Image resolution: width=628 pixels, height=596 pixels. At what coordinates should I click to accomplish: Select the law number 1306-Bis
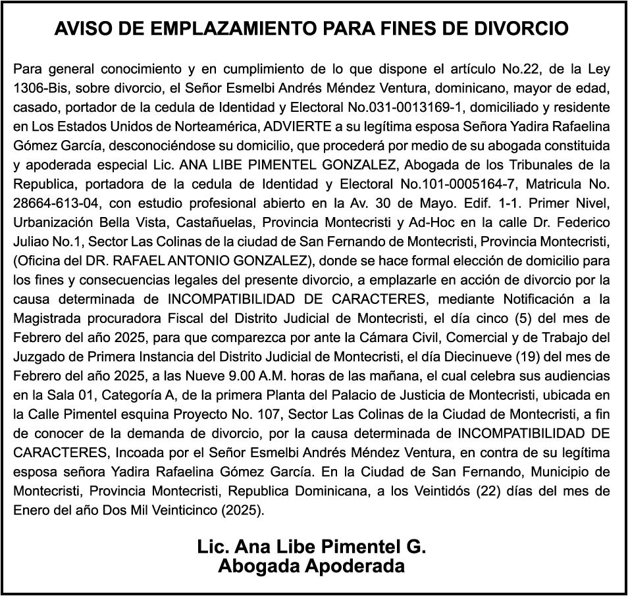click(41, 87)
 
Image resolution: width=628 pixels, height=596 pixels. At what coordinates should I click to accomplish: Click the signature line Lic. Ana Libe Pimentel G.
click(311, 547)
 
